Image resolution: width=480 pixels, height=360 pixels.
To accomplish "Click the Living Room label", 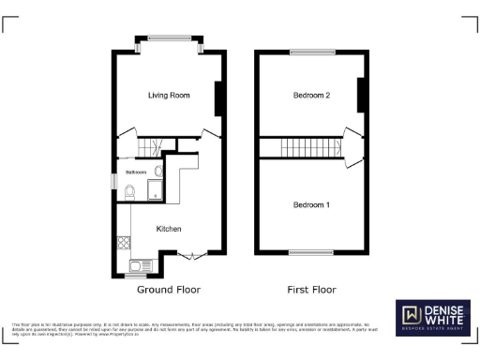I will click(x=169, y=95).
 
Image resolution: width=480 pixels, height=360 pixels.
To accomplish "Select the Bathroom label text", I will click(x=137, y=172).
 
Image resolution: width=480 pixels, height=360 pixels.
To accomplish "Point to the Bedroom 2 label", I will click(x=311, y=95).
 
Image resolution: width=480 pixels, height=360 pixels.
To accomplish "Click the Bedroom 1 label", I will click(x=311, y=204).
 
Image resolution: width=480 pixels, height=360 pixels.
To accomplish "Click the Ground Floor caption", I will click(x=169, y=290).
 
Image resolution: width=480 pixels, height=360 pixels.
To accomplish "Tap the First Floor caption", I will click(x=310, y=290).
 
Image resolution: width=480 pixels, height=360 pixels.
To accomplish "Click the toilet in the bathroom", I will click(x=129, y=193).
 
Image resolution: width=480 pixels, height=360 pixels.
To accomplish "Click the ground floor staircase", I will click(x=151, y=148).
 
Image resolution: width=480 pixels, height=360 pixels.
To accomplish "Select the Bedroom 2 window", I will click(x=311, y=52).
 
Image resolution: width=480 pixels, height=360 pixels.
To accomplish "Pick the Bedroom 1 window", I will click(x=311, y=251).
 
